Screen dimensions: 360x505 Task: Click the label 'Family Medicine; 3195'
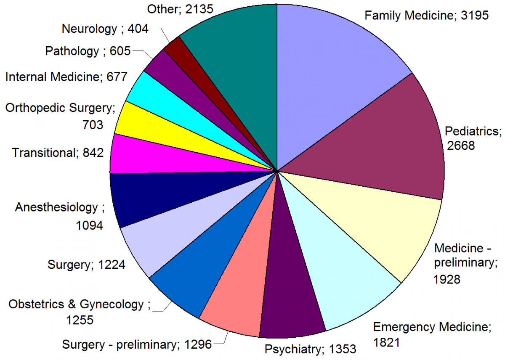click(x=426, y=16)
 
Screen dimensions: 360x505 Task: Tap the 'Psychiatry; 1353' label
click(x=310, y=349)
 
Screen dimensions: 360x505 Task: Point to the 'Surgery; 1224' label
click(x=86, y=265)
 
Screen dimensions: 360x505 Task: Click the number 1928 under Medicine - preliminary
click(x=447, y=279)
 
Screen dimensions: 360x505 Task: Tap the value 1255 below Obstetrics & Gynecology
click(x=80, y=320)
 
